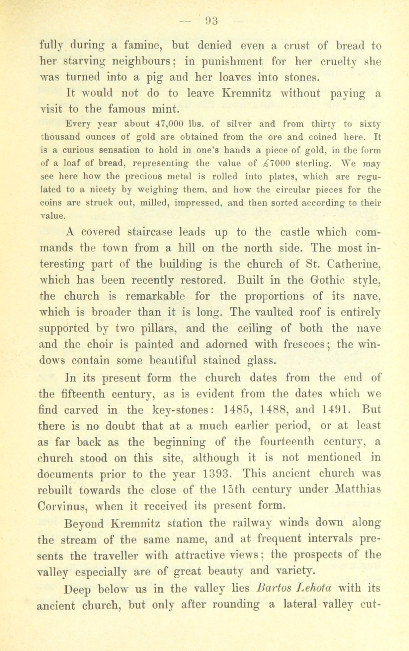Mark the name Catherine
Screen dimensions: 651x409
[353, 264]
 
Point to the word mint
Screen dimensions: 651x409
[167, 109]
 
